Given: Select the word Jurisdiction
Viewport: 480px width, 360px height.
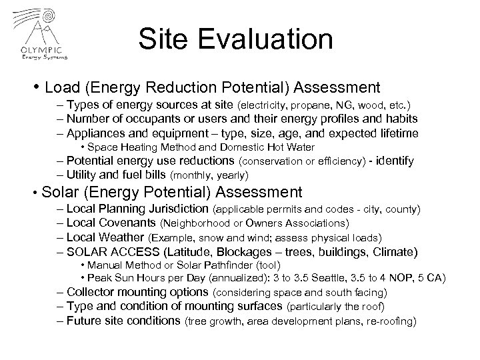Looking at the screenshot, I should [x=175, y=209].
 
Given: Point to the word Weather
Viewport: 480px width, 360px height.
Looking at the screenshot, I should [x=121, y=237].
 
